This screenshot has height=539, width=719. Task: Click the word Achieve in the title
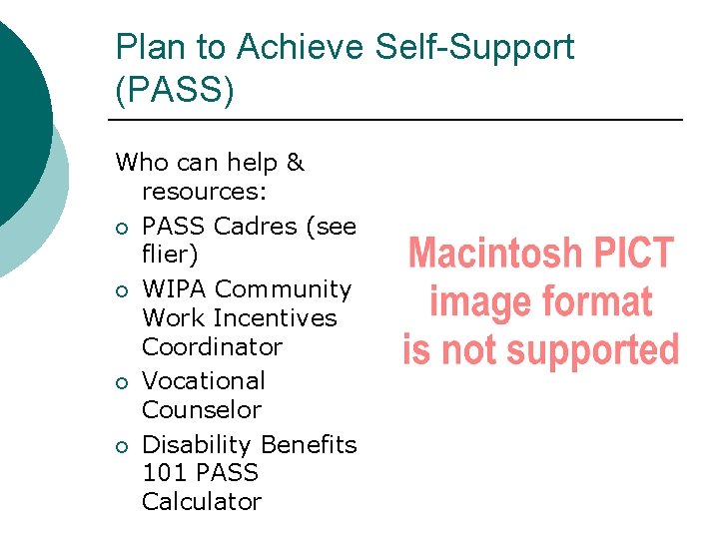307,47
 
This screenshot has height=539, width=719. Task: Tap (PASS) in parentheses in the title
175,90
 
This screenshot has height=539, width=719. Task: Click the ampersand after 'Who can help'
294,162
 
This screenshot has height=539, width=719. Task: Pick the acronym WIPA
175,289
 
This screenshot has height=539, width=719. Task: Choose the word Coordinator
212,347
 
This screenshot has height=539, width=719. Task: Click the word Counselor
202,410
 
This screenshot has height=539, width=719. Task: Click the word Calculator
202,502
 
